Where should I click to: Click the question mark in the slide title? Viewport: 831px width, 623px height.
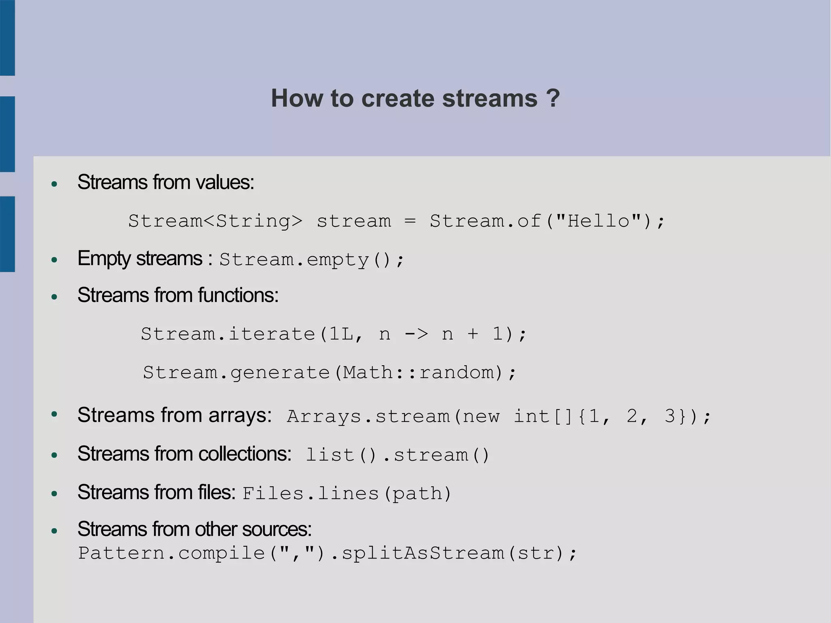553,98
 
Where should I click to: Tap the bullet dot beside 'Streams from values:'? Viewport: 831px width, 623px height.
54,184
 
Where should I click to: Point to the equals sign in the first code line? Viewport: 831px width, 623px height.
410,221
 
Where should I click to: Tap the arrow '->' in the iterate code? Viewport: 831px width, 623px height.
416,334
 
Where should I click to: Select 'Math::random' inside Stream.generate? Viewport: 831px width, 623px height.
418,372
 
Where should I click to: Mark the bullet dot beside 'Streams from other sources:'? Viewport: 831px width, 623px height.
54,531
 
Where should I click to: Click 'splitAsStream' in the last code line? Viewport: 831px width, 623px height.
423,553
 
